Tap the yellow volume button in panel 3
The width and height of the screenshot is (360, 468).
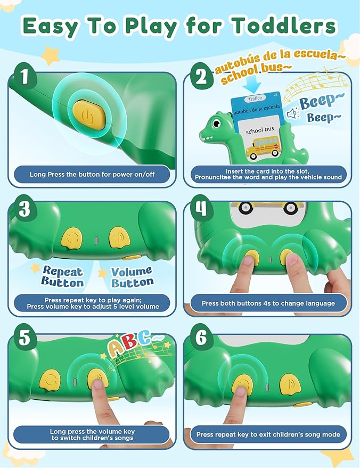118,236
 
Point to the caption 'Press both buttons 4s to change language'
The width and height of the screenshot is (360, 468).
268,303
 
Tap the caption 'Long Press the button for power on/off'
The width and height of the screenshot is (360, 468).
92,174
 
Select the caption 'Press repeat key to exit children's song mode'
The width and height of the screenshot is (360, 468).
268,434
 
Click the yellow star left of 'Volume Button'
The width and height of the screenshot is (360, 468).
102,273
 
